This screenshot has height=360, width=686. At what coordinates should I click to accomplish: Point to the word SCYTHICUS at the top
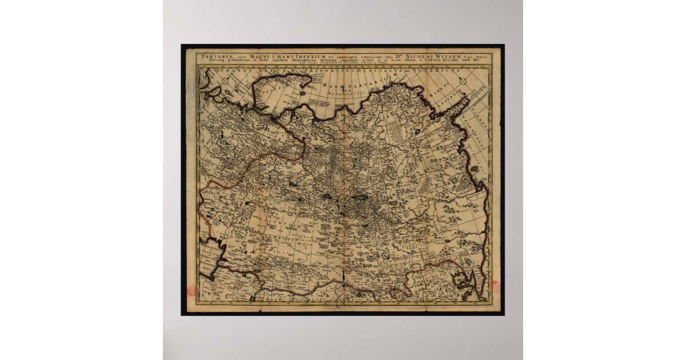(443, 70)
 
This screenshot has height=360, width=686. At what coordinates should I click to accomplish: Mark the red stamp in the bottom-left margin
(191, 290)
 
